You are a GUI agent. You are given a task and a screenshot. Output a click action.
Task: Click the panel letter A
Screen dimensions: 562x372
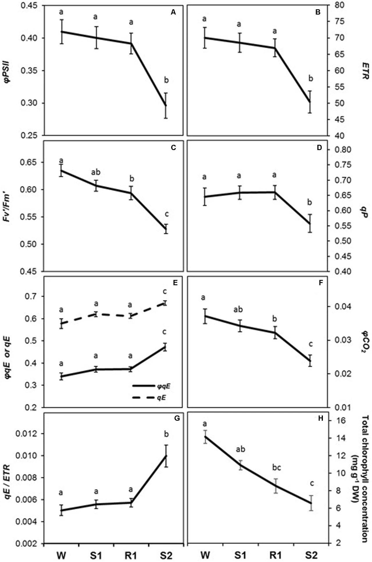[173, 12]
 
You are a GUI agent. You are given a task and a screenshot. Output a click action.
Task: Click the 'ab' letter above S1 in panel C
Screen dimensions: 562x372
[96, 172]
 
